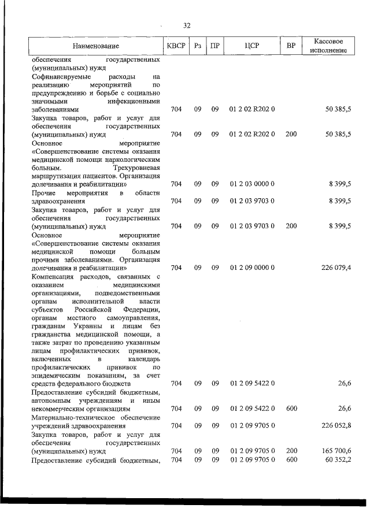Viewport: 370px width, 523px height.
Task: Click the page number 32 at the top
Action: pos(187,25)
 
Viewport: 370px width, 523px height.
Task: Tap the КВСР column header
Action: pos(176,46)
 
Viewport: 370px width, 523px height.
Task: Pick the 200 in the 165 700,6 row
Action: pos(291,450)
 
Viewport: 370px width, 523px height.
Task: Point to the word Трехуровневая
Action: pos(138,168)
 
